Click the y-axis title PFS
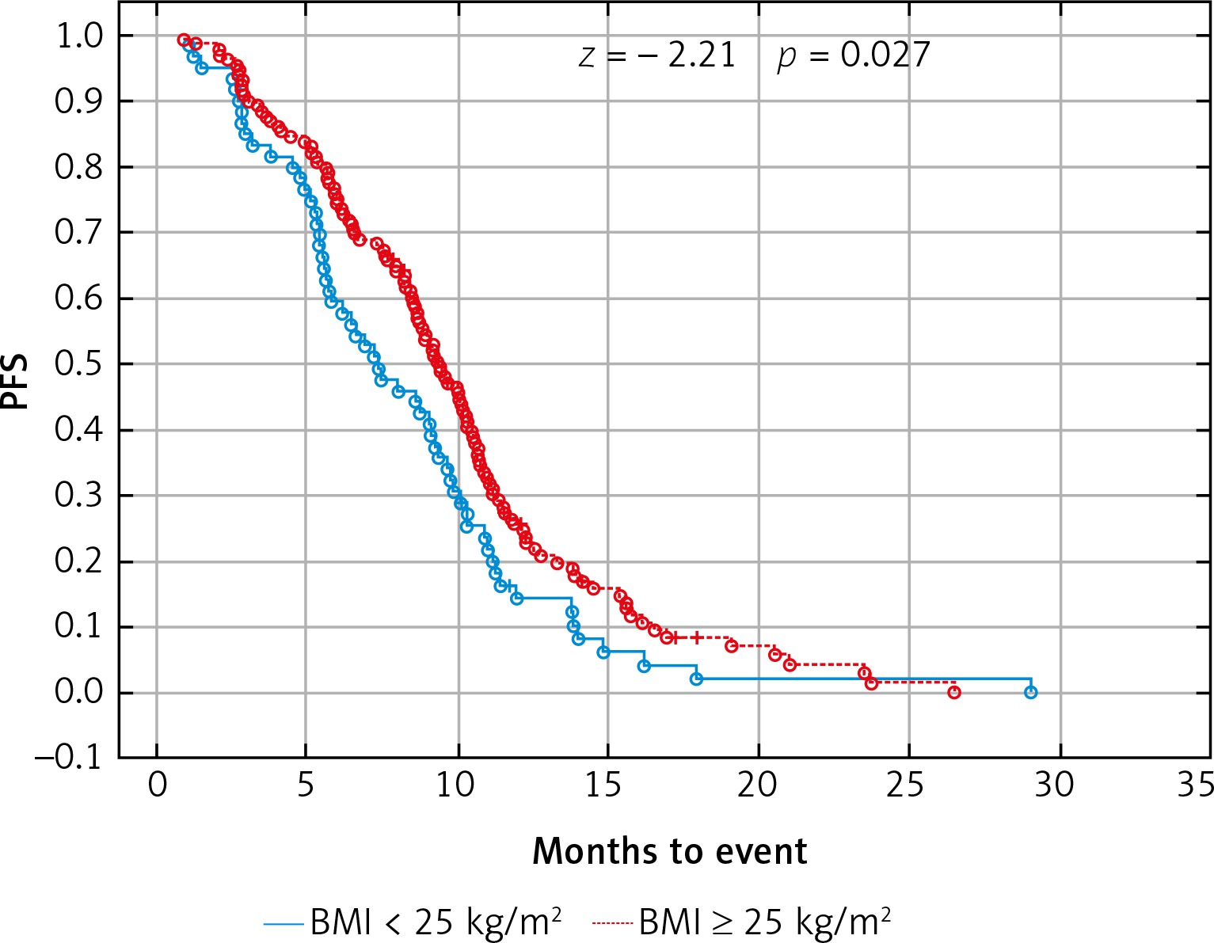click(14, 382)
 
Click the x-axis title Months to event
click(669, 852)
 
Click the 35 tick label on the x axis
click(1195, 785)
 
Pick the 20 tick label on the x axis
click(759, 785)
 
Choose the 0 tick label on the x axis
click(157, 785)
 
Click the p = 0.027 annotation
click(854, 55)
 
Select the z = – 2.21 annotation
click(657, 55)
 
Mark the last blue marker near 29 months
click(1030, 692)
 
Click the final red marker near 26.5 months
click(954, 692)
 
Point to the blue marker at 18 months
click(696, 679)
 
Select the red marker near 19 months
click(732, 646)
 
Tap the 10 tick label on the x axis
click(457, 785)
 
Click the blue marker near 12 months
click(516, 598)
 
